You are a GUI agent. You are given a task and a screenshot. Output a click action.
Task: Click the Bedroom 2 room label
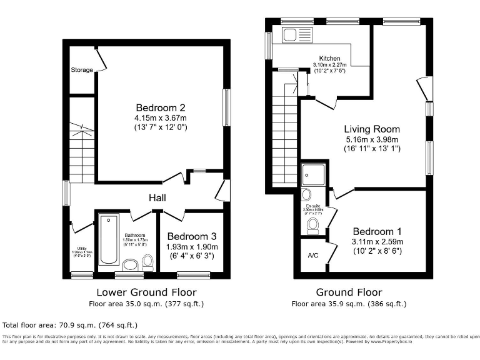coord(161,106)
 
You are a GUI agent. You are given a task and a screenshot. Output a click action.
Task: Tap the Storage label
coord(82,70)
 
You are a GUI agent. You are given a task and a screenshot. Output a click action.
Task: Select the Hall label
coord(157,197)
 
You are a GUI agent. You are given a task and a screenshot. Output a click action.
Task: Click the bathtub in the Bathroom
coord(109,239)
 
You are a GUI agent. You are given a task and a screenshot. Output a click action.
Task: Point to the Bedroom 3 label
coord(192,236)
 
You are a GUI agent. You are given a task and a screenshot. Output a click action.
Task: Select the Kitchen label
coord(329,57)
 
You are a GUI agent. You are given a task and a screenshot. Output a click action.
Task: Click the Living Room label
coord(373,129)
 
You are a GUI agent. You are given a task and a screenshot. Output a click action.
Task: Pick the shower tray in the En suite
coord(312,174)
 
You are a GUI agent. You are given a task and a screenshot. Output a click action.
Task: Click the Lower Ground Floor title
coord(146,292)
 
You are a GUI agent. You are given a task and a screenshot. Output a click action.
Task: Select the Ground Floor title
coord(349,292)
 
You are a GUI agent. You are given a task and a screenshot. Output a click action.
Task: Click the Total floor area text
coord(70,325)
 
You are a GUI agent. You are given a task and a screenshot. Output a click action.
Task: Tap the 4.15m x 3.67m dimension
coord(161,117)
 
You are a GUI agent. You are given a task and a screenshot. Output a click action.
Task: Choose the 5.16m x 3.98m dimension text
coord(373,139)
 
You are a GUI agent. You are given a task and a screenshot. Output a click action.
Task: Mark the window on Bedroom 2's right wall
coord(226,107)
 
